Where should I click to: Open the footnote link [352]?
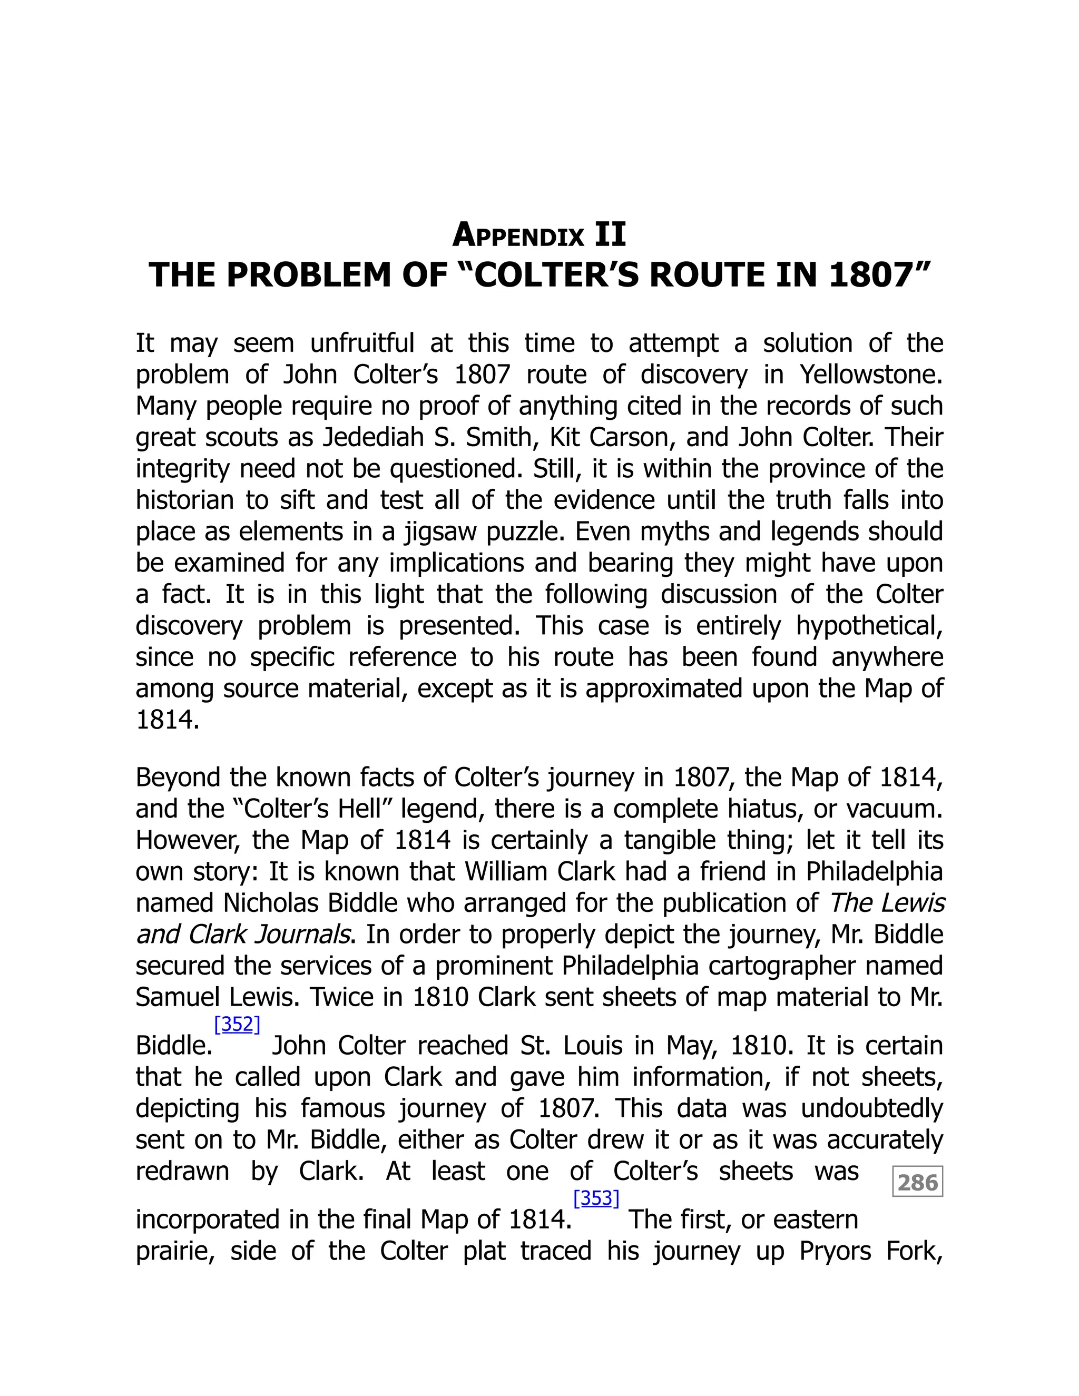point(237,1024)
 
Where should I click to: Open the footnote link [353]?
point(596,1198)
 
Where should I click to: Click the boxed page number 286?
point(917,1182)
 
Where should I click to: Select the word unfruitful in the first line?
point(362,343)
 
